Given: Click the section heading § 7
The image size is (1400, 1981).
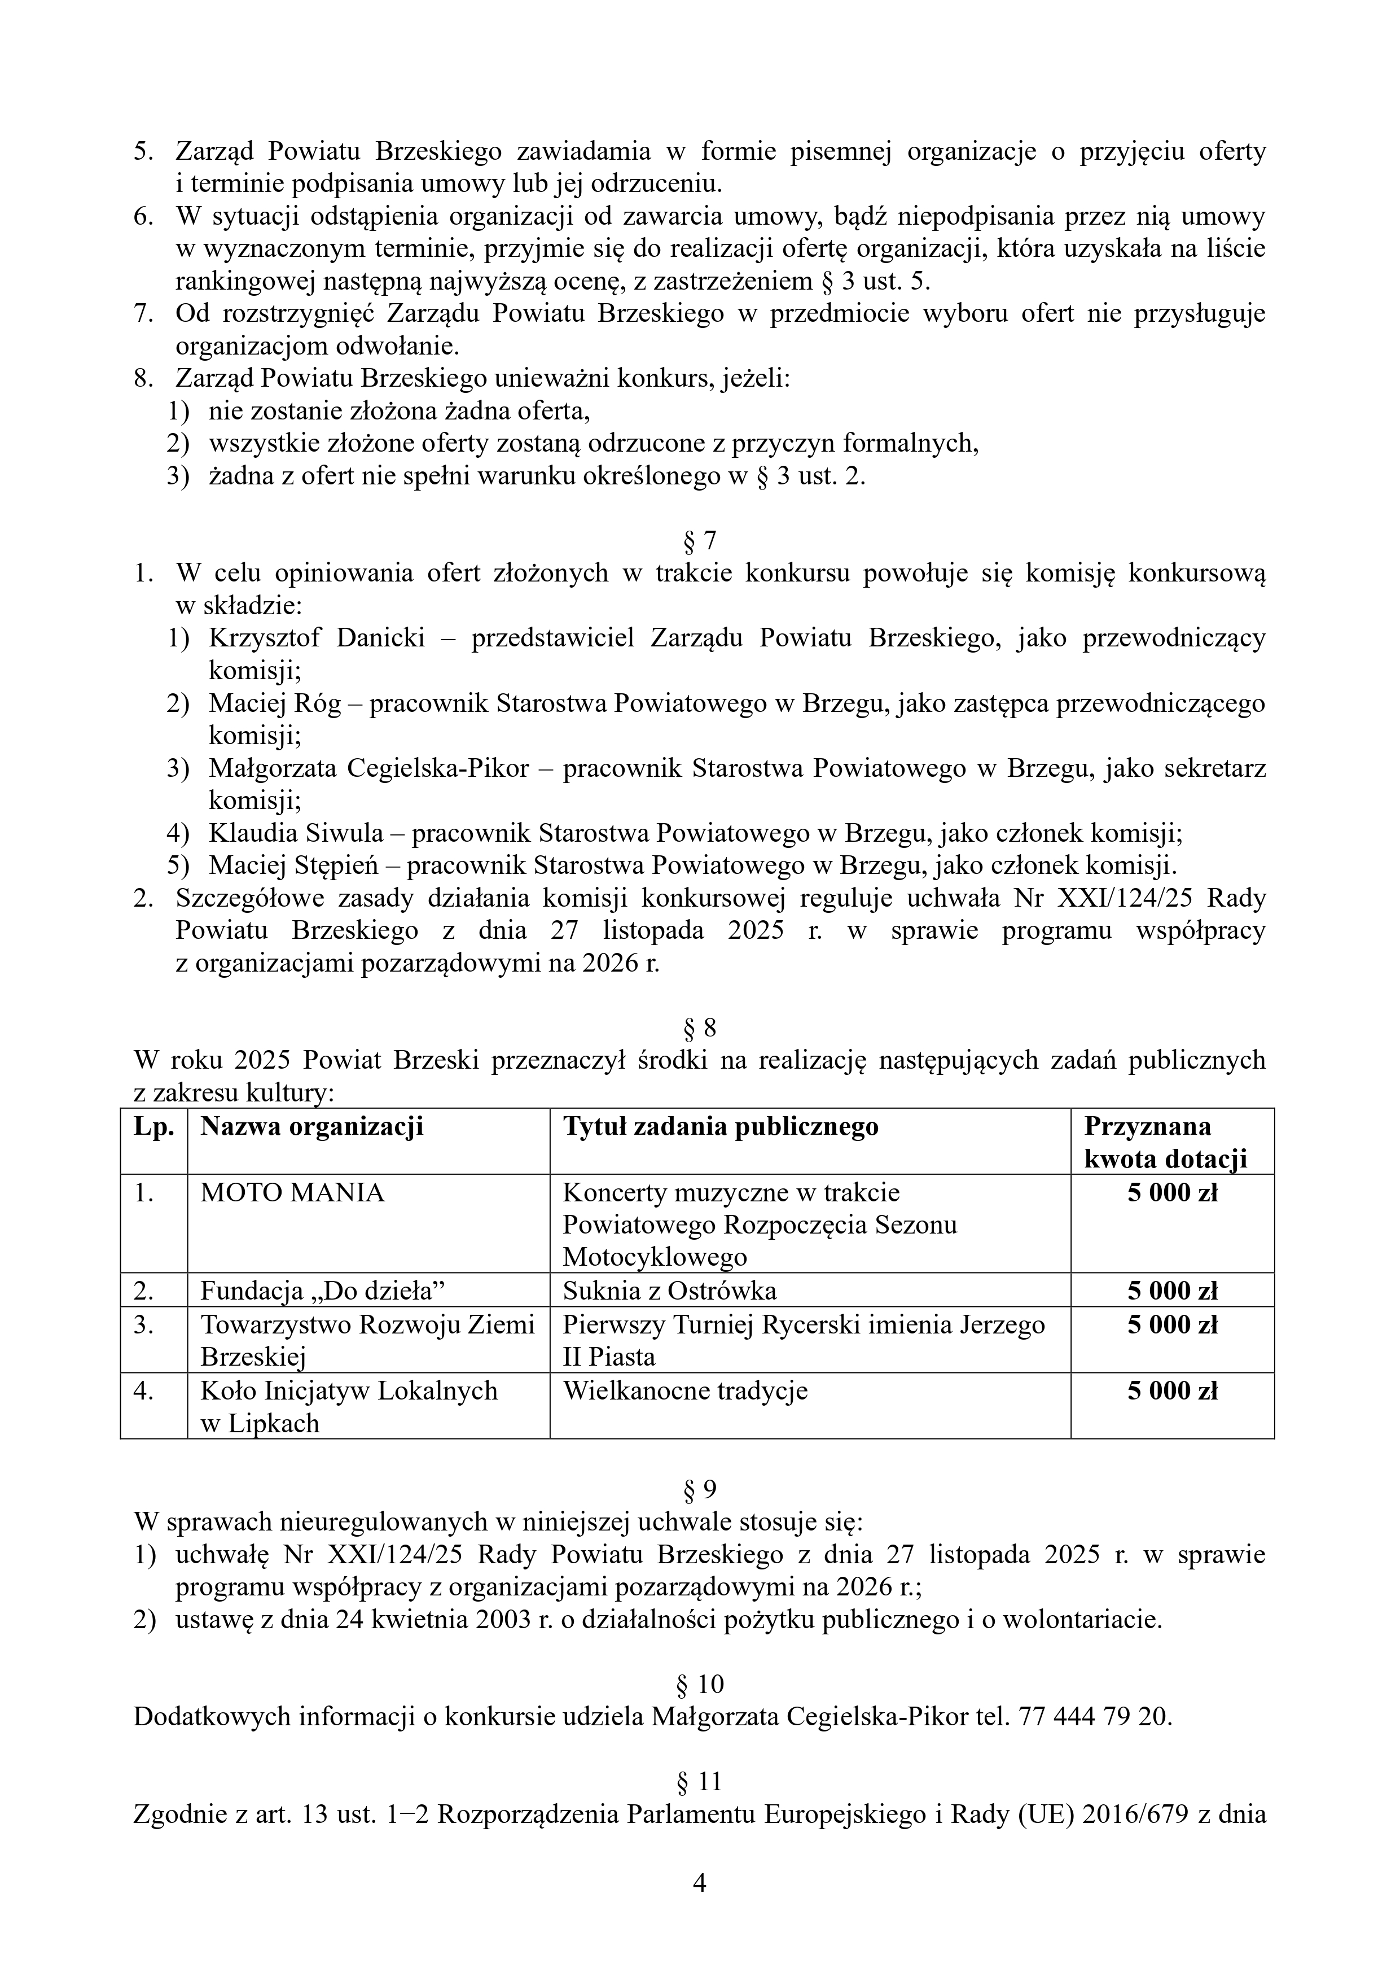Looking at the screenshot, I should pyautogui.click(x=700, y=541).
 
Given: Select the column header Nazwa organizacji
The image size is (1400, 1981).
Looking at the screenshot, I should pyautogui.click(x=311, y=1127).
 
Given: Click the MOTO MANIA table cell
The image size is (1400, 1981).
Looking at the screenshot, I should pyautogui.click(x=292, y=1193).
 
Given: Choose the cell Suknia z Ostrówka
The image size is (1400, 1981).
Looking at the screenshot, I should pyautogui.click(x=669, y=1291).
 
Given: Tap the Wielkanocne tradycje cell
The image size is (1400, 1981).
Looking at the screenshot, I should pyautogui.click(x=685, y=1390).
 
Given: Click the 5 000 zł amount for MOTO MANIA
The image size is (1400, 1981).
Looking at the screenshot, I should pyautogui.click(x=1172, y=1193).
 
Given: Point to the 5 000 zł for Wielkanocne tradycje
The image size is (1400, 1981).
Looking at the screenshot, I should pyautogui.click(x=1172, y=1390).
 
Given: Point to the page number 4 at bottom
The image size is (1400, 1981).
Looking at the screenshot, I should pyautogui.click(x=700, y=1883).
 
